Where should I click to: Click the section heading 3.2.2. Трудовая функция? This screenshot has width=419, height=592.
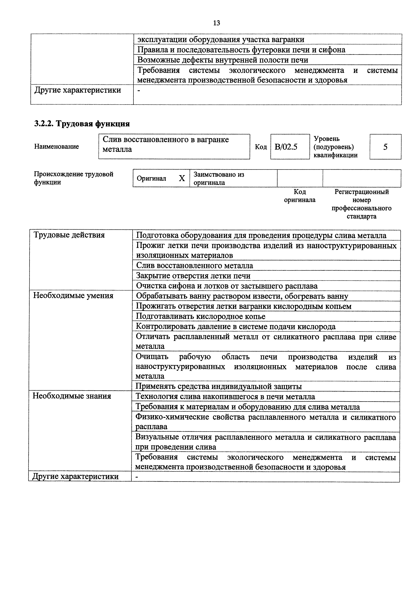click(x=82, y=124)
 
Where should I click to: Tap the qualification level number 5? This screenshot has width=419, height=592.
click(x=385, y=147)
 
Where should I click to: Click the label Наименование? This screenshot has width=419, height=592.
click(x=57, y=147)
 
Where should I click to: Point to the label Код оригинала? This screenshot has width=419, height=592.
click(x=300, y=196)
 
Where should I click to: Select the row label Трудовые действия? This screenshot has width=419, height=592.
click(x=69, y=235)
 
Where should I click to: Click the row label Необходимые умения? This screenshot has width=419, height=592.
click(x=73, y=295)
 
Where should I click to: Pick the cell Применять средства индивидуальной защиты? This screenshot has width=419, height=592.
click(x=219, y=386)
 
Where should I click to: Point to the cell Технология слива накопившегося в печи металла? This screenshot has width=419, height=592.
click(x=225, y=397)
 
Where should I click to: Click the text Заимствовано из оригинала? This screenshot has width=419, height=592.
click(x=219, y=178)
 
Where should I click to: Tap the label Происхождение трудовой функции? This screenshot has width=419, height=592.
click(x=74, y=178)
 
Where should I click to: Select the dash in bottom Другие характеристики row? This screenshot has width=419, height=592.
click(x=137, y=477)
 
